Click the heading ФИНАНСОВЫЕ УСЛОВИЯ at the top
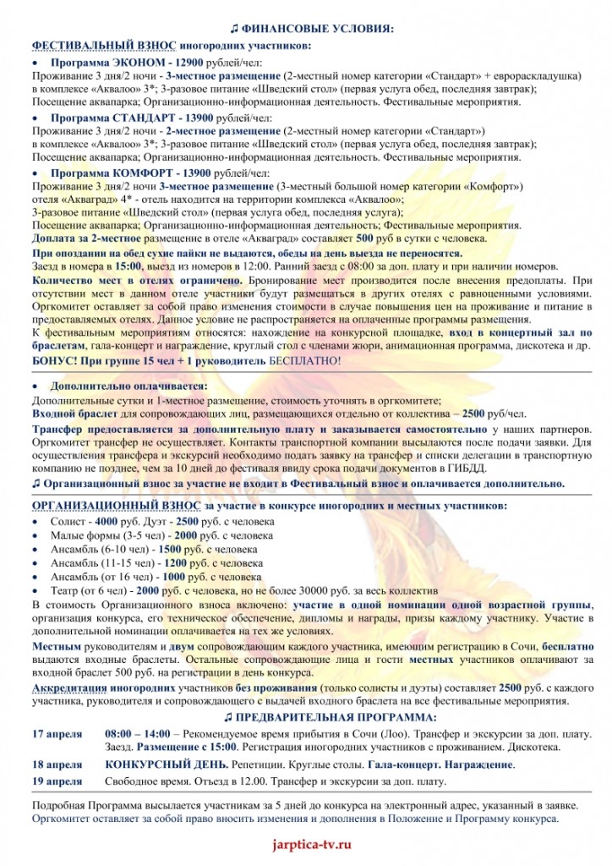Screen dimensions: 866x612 (x=314, y=29)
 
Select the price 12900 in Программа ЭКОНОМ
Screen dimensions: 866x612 (x=193, y=63)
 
